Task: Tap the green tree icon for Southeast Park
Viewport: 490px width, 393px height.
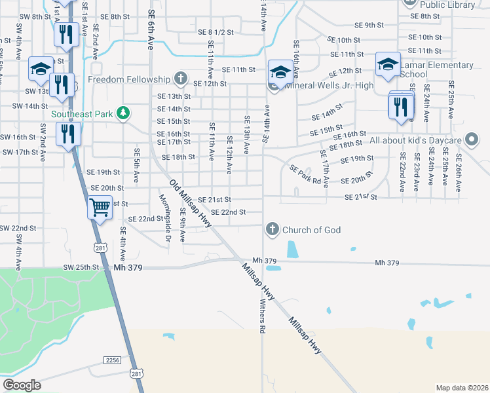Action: click(122, 113)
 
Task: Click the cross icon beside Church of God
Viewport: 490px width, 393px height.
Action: click(273, 229)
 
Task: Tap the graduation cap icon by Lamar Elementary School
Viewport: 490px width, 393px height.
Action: click(388, 64)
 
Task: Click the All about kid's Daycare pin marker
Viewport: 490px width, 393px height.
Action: click(471, 140)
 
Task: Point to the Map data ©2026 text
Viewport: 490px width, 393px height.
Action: click(462, 388)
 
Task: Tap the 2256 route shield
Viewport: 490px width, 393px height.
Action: click(112, 360)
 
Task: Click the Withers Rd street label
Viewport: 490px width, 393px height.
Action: click(261, 318)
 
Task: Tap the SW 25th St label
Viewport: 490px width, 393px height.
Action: click(81, 267)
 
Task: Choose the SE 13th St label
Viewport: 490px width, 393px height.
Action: click(174, 96)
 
